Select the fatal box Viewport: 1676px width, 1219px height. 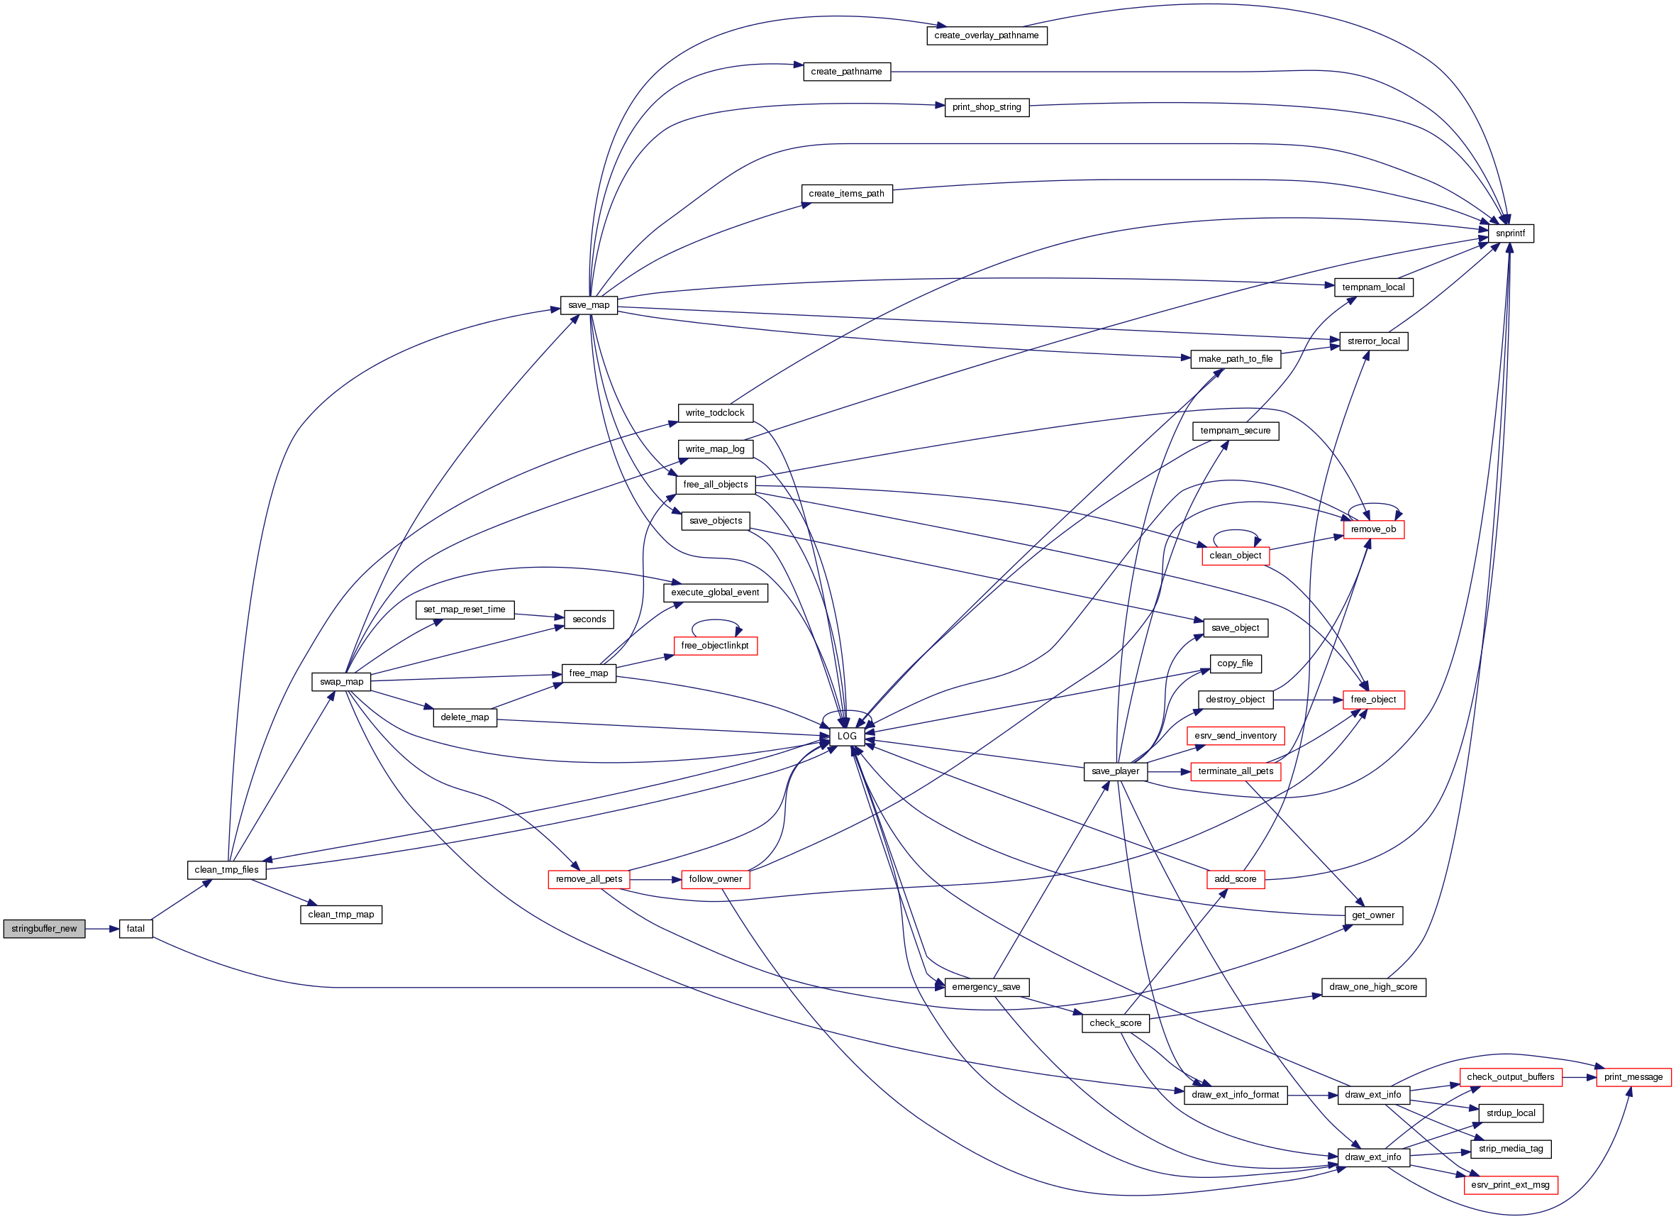135,929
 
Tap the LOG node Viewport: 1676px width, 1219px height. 847,737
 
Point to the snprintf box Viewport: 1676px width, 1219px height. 1510,233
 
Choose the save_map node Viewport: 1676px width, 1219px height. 589,305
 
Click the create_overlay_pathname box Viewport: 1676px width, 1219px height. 987,35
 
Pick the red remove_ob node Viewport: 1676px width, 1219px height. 1373,529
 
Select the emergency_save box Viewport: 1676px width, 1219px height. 986,987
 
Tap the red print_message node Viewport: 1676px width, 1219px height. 1633,1077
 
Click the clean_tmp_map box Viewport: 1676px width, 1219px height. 340,915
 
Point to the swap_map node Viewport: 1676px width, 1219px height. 341,682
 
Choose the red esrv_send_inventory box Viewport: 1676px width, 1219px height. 1236,736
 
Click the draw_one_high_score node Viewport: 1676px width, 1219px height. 1373,987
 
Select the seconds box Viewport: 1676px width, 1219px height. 589,619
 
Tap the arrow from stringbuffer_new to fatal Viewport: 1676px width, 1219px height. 102,929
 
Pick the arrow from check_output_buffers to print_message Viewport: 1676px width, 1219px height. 1580,1077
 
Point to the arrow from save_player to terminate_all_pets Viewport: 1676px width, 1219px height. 1168,772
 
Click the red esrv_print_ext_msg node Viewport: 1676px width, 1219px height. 1511,1185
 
